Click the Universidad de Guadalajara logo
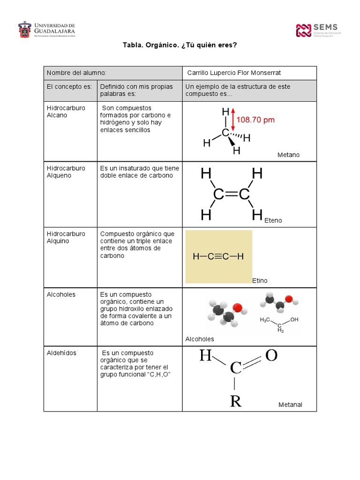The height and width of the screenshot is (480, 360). tap(46, 30)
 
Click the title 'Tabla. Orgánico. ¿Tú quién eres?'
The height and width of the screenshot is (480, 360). tap(180, 45)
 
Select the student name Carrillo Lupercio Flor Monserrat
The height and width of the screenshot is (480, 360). tap(234, 73)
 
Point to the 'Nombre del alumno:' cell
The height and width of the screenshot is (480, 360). tap(76, 73)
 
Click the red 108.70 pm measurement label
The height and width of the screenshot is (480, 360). tap(255, 120)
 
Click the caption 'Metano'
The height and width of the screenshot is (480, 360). tap(288, 155)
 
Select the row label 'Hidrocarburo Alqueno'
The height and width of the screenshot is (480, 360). tap(66, 172)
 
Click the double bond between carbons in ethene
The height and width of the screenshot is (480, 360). tap(231, 194)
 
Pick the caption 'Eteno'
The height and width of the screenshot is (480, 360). tap(273, 220)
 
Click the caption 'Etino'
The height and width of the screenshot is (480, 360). tap(260, 280)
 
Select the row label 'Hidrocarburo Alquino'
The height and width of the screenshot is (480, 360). tap(66, 237)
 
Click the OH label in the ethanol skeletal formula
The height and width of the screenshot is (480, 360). tap(294, 320)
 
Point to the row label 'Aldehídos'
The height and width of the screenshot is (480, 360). tap(61, 352)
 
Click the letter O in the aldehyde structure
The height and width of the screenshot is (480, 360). tap(271, 355)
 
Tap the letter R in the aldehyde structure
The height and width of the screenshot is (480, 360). tap(235, 401)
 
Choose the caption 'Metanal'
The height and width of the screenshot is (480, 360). tap(290, 405)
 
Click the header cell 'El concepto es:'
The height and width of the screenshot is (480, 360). tap(67, 87)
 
